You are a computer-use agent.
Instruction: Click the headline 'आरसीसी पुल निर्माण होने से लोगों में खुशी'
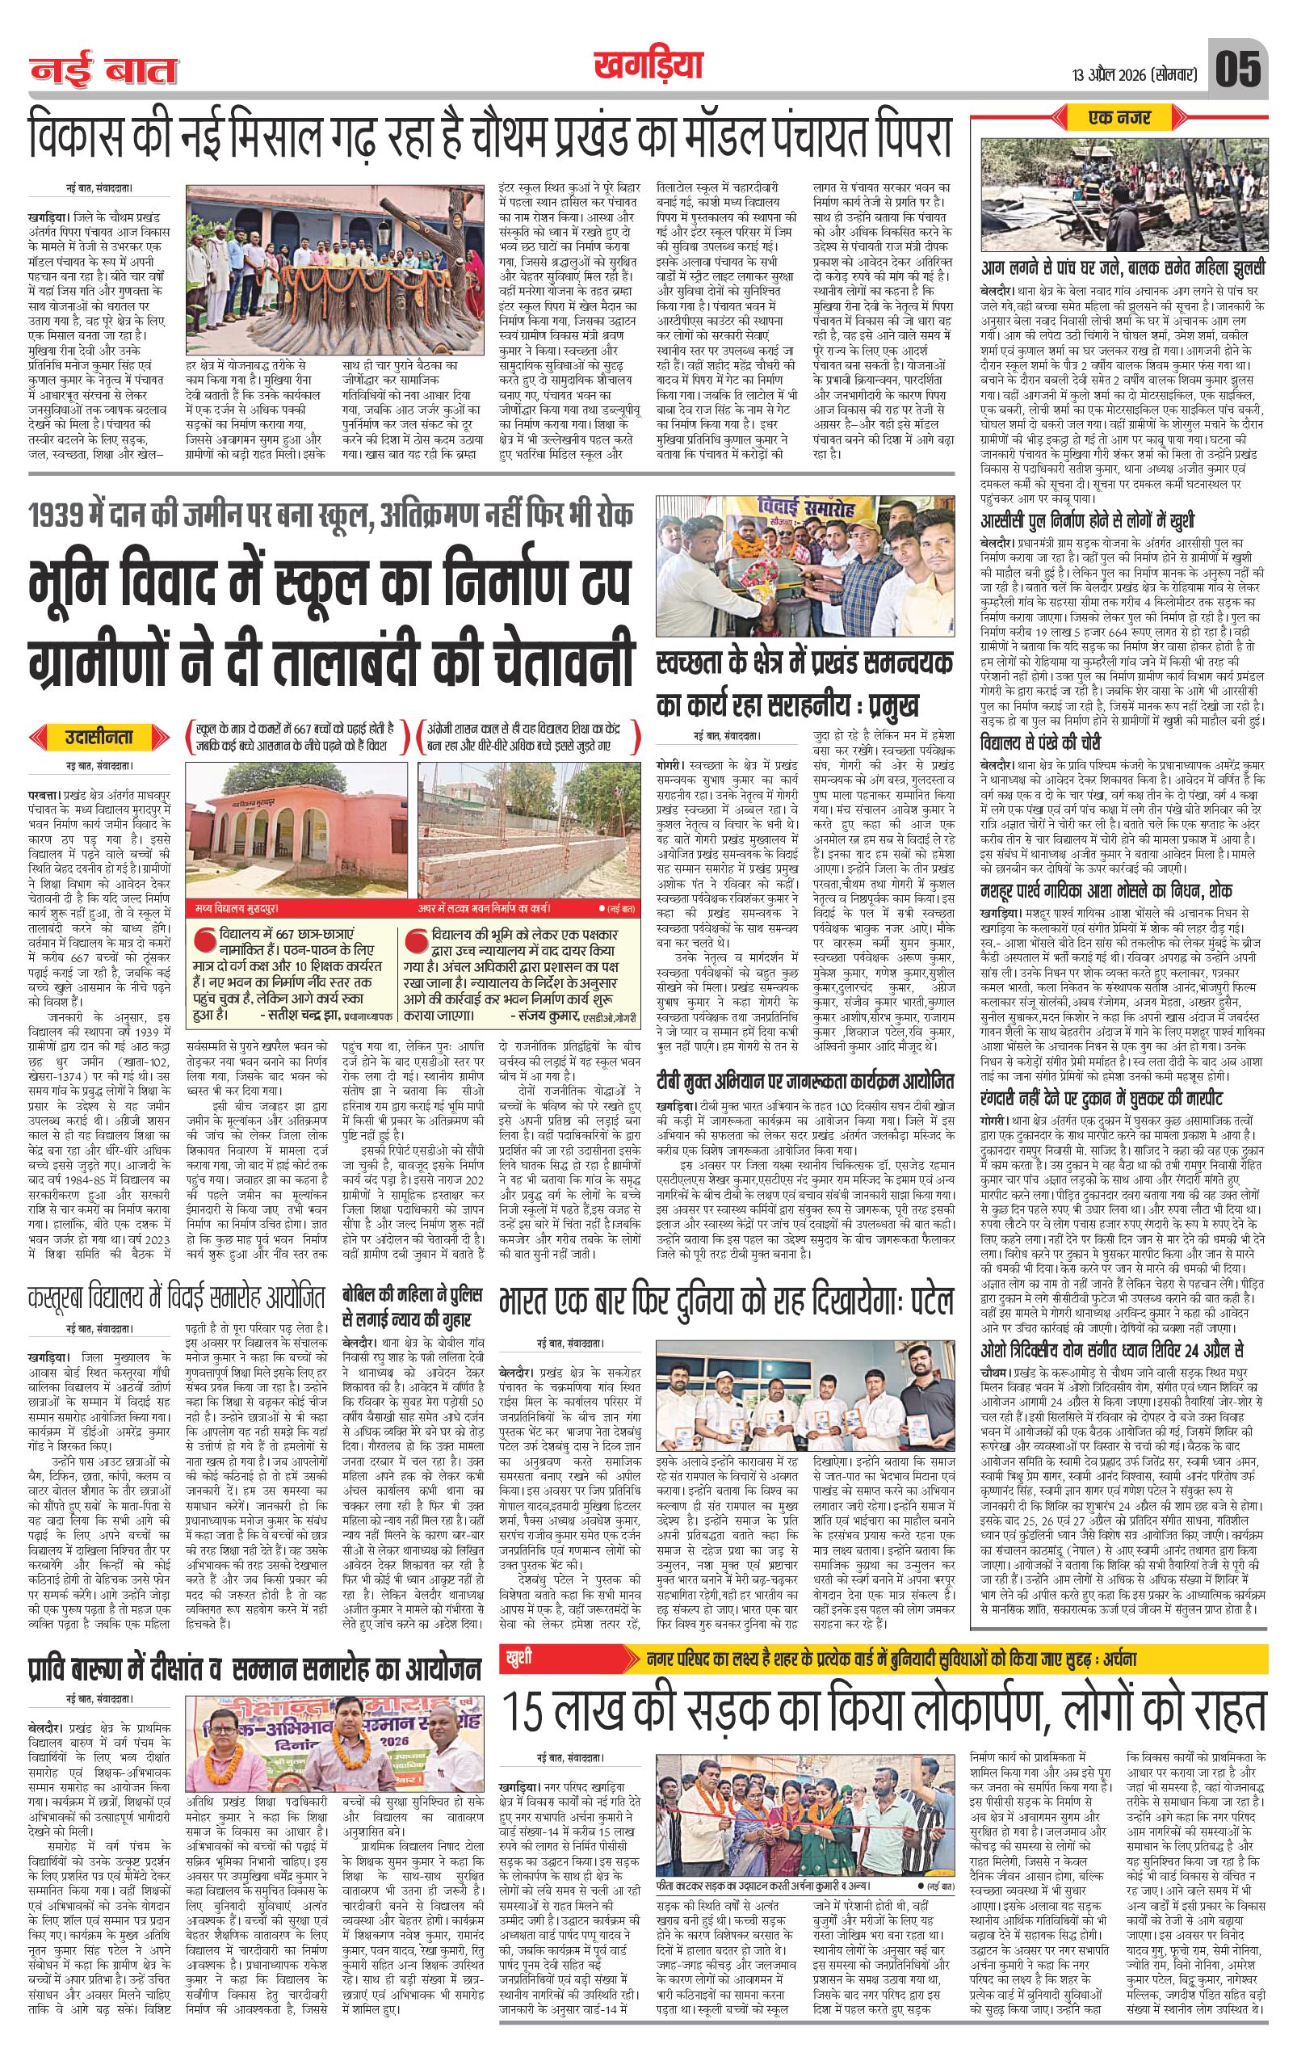tap(1087, 520)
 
